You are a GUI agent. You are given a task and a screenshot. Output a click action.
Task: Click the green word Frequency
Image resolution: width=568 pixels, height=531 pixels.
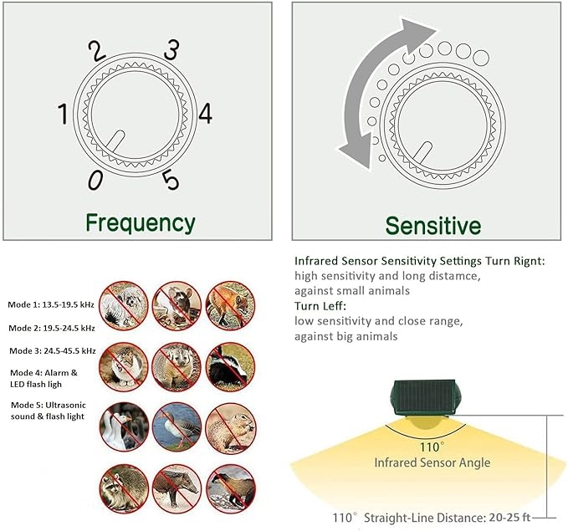coord(141,223)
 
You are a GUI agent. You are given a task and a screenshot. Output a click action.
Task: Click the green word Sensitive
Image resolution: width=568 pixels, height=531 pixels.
coord(432,226)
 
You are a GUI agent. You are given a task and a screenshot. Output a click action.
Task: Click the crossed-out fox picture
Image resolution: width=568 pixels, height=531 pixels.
coord(226,302)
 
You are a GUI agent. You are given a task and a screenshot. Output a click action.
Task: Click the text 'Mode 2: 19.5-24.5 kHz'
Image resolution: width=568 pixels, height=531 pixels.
coord(52,328)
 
